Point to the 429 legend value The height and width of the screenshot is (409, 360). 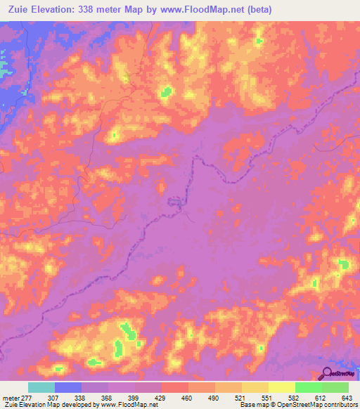(161, 397)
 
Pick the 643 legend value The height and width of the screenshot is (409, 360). (347, 397)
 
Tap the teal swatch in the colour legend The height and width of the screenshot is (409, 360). (41, 387)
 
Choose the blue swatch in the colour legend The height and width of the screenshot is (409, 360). (68, 387)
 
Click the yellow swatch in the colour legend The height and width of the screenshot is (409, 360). (281, 387)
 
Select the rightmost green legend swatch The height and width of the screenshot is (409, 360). (335, 387)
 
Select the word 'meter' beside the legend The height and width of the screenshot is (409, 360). (11, 397)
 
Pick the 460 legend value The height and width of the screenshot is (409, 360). (188, 397)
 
